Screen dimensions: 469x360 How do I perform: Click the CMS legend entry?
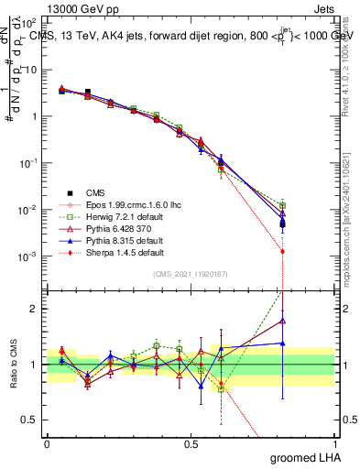(95, 192)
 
